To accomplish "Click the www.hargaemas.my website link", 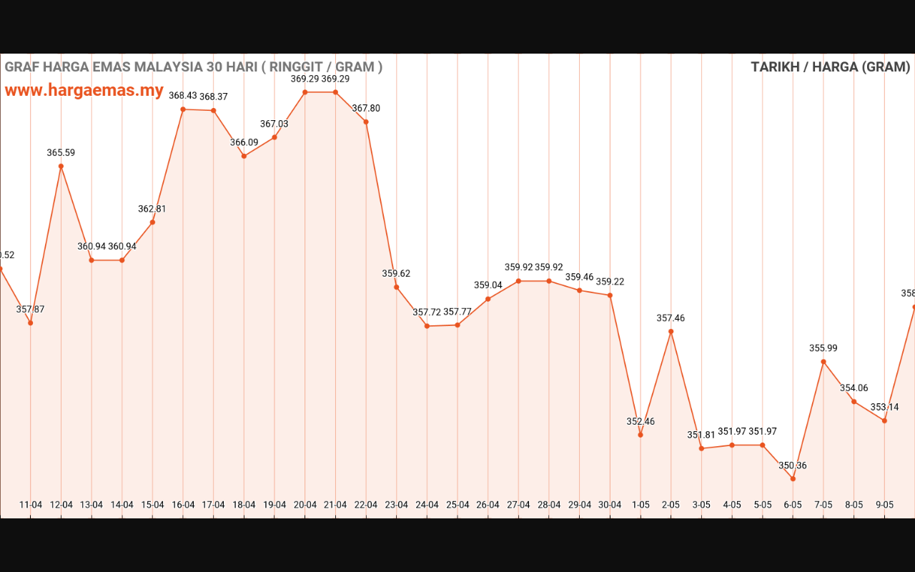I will point(84,91).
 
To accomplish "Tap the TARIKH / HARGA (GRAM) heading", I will point(831,67).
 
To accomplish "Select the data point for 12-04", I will point(61,167).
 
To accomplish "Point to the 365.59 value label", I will point(61,153).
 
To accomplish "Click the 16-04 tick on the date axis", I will point(183,505).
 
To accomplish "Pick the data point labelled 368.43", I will point(183,109).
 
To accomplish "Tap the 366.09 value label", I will point(244,143).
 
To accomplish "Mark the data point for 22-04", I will point(366,122).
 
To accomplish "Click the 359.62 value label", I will point(396,274).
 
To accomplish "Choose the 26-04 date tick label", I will point(488,505).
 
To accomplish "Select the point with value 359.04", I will point(488,299).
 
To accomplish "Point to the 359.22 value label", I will point(610,282).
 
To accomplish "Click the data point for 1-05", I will point(640,435).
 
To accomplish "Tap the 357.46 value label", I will point(671,318).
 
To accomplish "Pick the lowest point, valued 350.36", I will point(793,478).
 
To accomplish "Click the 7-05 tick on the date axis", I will point(823,505).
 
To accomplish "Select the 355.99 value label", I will point(823,348).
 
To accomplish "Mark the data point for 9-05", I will point(884,420).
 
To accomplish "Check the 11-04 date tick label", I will point(30,505).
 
